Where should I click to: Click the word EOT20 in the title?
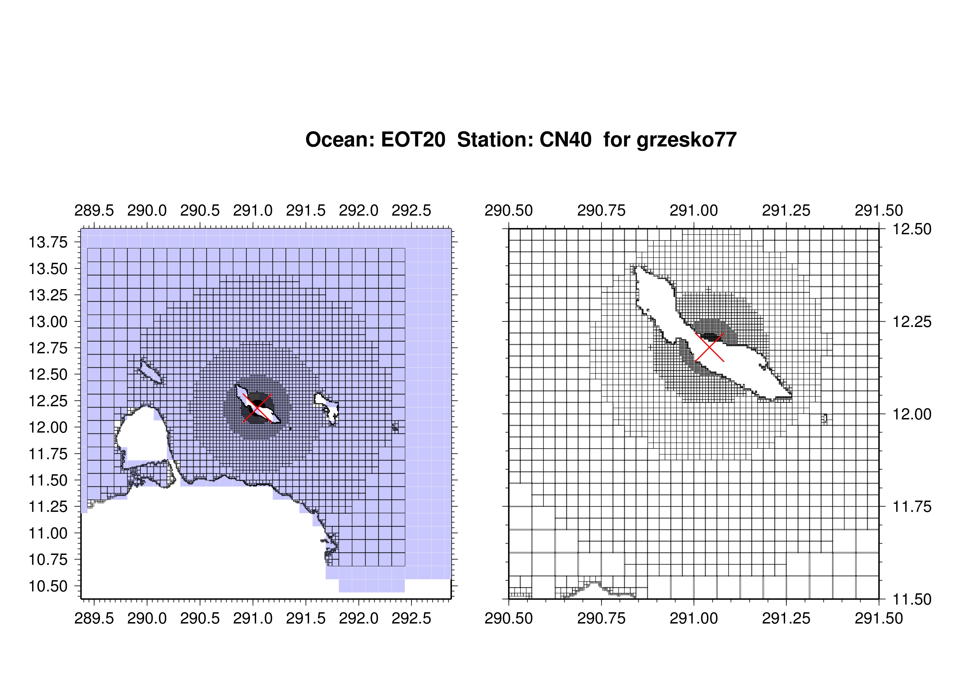(x=413, y=140)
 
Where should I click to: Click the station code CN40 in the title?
(x=566, y=140)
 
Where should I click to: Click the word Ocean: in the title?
(x=340, y=140)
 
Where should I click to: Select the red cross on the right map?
(x=709, y=347)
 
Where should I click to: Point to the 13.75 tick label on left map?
(x=48, y=242)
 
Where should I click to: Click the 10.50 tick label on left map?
(x=48, y=586)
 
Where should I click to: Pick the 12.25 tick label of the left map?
(x=48, y=401)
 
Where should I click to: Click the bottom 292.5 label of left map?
(x=411, y=618)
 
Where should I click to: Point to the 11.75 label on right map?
(x=912, y=507)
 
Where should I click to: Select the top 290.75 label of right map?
(x=601, y=210)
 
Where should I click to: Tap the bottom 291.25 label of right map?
(x=786, y=618)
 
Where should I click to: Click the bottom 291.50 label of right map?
(x=879, y=618)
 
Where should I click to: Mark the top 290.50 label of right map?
(x=509, y=210)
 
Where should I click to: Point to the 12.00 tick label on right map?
(x=912, y=414)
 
